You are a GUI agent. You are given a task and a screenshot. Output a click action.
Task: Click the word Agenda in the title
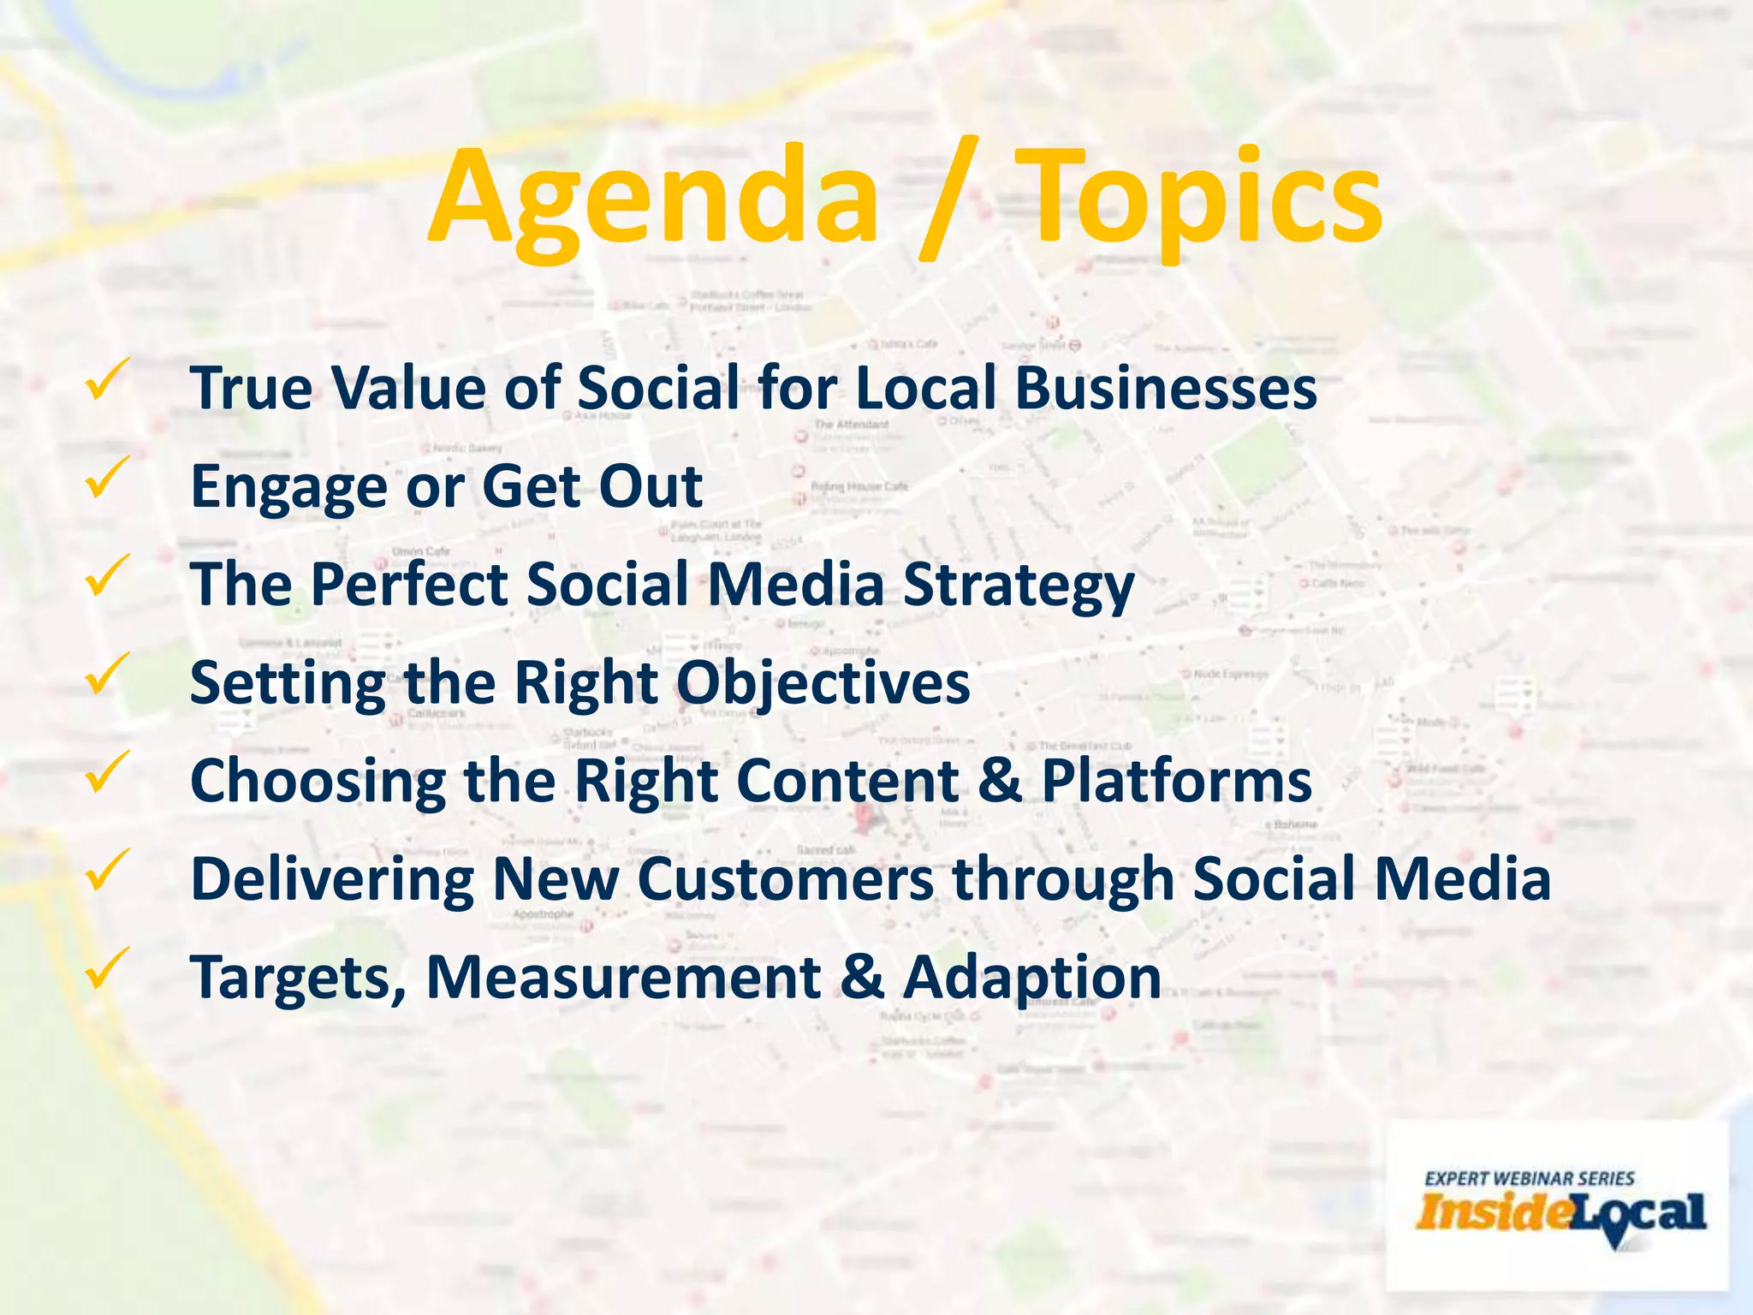click(x=655, y=199)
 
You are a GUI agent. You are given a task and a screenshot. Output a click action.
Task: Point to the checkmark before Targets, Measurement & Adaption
click(x=107, y=969)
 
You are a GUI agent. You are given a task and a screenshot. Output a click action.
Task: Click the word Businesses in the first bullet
click(x=1166, y=387)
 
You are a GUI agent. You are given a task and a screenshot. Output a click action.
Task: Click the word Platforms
click(x=1176, y=781)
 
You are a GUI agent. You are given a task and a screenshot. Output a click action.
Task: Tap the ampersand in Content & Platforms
click(x=999, y=781)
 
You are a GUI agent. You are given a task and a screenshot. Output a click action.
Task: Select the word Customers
click(x=785, y=879)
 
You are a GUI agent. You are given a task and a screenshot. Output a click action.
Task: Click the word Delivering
click(x=331, y=881)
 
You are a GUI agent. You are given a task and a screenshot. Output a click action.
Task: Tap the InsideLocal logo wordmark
click(x=1560, y=1214)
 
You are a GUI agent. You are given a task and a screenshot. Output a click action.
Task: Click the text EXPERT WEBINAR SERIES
click(x=1529, y=1178)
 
